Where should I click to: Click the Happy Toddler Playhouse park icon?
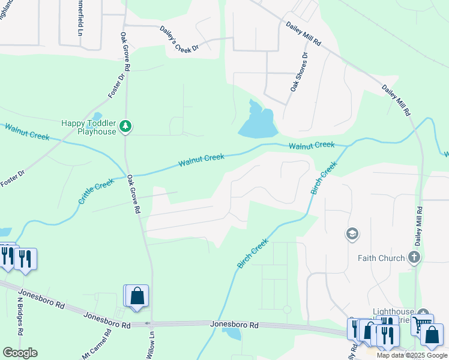125,126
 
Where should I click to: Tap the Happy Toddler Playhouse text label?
88,127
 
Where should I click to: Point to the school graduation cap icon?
352,233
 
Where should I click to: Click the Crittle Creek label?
95,191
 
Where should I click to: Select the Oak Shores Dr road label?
299,71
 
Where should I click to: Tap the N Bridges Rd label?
20,317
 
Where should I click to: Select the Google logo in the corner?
20,353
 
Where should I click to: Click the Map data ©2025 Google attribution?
412,355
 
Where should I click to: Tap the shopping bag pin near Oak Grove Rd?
137,296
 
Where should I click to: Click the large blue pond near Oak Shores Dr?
257,123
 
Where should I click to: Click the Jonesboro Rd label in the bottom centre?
234,325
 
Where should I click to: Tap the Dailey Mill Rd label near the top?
304,34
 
